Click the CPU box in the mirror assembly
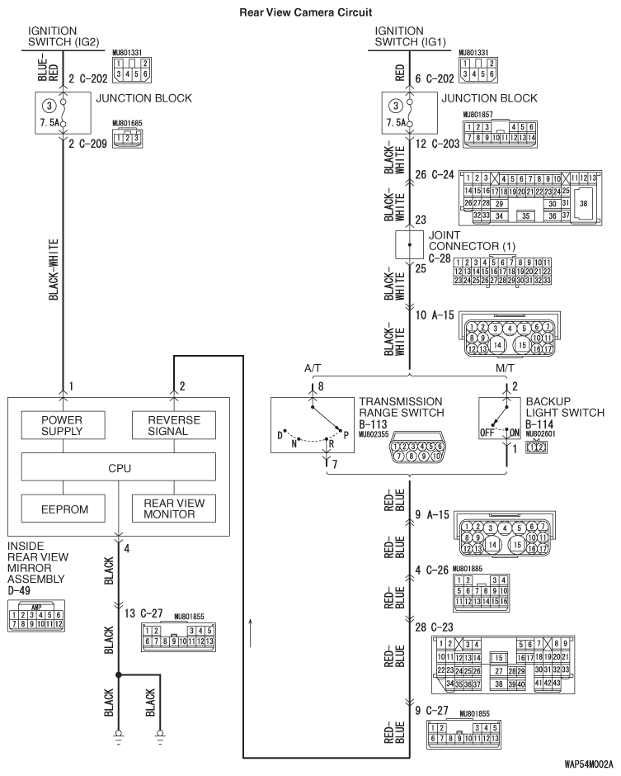click(118, 466)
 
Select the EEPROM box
click(63, 509)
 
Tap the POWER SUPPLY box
click(63, 425)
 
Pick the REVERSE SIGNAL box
click(173, 425)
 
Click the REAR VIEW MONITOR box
click(173, 509)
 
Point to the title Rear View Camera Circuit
click(306, 12)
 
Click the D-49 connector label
click(19, 590)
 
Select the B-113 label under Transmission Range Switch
click(373, 424)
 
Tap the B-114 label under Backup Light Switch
click(539, 424)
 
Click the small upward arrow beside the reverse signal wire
click(251, 632)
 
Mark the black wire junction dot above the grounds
click(118, 674)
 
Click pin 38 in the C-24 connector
click(583, 203)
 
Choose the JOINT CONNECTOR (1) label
click(472, 240)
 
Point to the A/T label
click(313, 368)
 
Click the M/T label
click(505, 368)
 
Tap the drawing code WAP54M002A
click(588, 764)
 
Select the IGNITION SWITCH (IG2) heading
click(64, 36)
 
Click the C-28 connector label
click(440, 258)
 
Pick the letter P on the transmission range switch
click(346, 436)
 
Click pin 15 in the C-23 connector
click(499, 658)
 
